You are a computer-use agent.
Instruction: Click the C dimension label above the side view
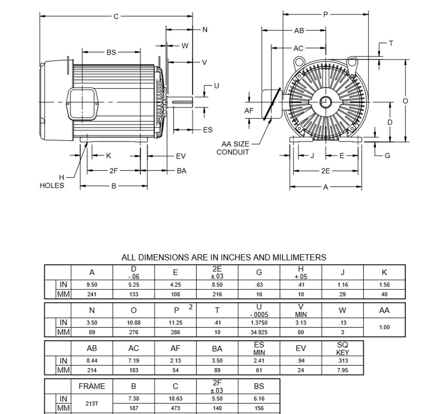click(x=116, y=16)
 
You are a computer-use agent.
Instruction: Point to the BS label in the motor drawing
click(x=111, y=52)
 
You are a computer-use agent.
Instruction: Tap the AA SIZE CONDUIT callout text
click(x=235, y=148)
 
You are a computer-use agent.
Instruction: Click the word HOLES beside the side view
click(x=52, y=186)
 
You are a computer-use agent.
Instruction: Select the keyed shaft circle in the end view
click(x=325, y=101)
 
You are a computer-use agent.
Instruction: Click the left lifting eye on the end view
click(x=299, y=62)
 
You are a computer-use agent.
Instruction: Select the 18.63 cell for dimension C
click(x=175, y=398)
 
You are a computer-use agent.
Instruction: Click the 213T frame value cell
click(x=92, y=403)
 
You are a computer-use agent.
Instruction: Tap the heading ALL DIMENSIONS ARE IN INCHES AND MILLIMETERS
click(x=223, y=257)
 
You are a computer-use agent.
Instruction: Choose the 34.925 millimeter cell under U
click(x=259, y=332)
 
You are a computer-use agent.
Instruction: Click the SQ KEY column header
click(x=342, y=348)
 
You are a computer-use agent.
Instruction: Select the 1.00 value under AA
click(x=384, y=327)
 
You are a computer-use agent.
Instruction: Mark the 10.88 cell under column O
click(x=134, y=323)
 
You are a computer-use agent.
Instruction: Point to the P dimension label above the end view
click(x=326, y=14)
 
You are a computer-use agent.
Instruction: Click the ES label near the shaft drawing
click(x=207, y=130)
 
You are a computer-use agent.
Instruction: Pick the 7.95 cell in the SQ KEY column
click(x=342, y=370)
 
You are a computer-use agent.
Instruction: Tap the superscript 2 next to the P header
click(x=191, y=307)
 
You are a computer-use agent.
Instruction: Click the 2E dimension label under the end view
click(x=325, y=171)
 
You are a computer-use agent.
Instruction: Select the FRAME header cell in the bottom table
click(x=92, y=386)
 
